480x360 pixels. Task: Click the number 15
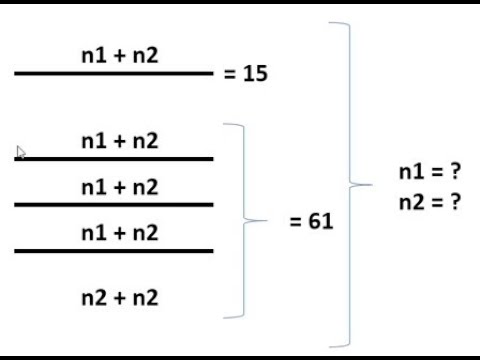255,74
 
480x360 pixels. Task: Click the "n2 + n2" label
119,297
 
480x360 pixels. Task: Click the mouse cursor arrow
21,153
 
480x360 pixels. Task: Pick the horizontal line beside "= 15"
114,73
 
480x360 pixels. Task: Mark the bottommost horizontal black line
114,250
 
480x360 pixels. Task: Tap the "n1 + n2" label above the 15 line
119,56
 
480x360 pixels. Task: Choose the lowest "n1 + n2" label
119,233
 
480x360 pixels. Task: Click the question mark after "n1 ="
455,172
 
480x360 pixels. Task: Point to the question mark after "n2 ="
455,201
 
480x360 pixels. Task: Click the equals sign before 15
232,74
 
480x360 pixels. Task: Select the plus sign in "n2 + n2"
119,297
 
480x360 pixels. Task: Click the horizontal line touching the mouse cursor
114,158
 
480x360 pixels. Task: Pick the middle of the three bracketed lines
114,204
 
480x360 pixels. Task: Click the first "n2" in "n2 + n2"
95,297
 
